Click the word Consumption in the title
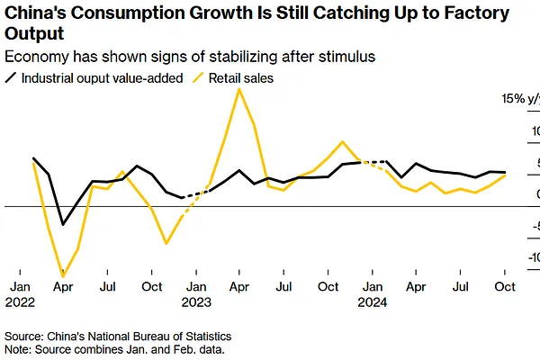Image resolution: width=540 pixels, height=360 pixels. [120, 13]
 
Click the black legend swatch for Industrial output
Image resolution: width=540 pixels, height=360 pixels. [11, 78]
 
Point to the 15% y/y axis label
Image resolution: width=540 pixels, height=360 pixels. [521, 98]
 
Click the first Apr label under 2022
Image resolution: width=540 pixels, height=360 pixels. [63, 288]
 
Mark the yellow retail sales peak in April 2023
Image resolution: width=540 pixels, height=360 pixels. [238, 88]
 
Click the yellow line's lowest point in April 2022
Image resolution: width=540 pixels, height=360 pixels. [63, 276]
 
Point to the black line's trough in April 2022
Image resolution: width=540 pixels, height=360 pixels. [63, 224]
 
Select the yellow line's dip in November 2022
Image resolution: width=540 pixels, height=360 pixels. [166, 243]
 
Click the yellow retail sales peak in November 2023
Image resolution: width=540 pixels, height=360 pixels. [342, 142]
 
